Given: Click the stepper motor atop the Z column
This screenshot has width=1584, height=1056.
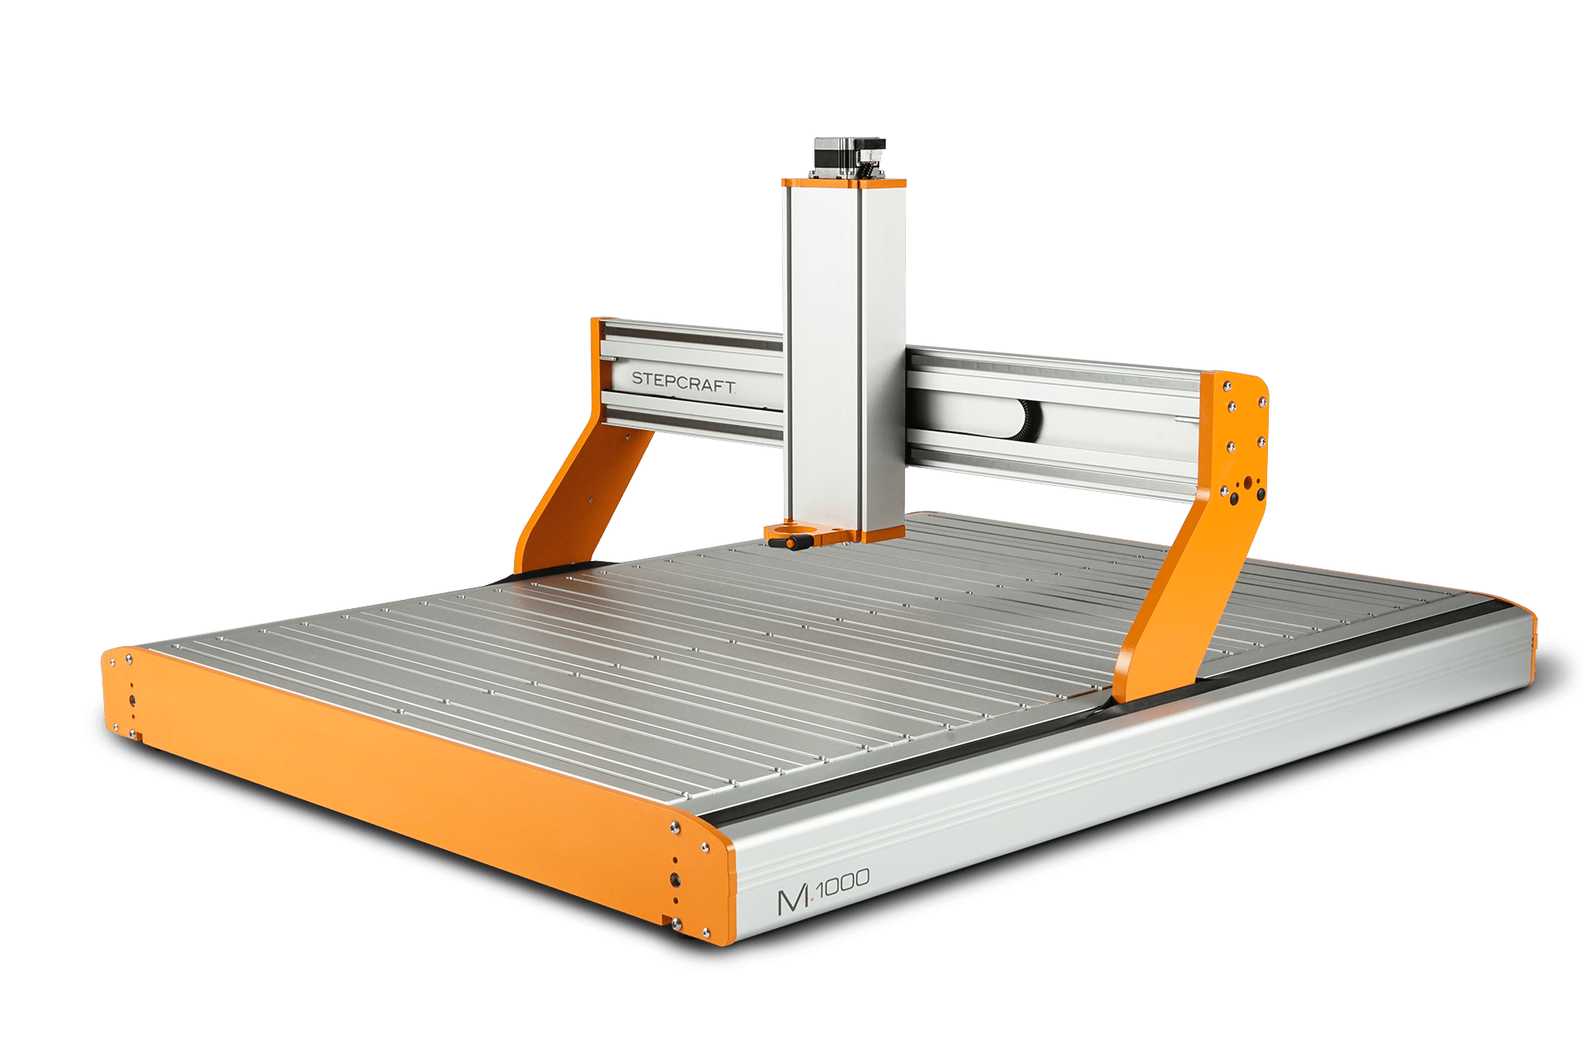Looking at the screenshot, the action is (850, 157).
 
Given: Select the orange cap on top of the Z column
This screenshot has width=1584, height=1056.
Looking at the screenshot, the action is (844, 182).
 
